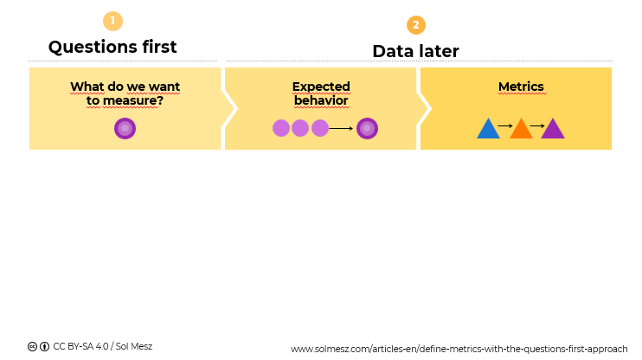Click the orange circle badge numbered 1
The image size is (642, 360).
(x=112, y=21)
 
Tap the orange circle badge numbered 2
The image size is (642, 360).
(x=416, y=25)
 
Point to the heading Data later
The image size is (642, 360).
(x=415, y=51)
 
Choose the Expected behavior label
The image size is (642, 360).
(x=321, y=93)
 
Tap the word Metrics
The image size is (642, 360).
(x=521, y=87)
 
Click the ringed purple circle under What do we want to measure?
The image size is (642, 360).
(x=125, y=129)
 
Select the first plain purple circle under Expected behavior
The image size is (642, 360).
(x=281, y=128)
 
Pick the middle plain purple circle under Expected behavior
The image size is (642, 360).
(x=300, y=128)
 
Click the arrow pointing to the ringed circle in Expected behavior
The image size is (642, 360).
(x=342, y=128)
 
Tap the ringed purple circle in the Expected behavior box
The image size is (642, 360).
(x=367, y=128)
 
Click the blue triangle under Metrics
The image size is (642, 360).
(x=488, y=129)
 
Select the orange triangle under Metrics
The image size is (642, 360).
(x=521, y=129)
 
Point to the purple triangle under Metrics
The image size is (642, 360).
(x=553, y=129)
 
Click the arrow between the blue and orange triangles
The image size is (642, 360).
(x=505, y=126)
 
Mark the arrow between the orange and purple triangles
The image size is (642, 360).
(x=537, y=126)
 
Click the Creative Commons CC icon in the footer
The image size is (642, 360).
(x=32, y=346)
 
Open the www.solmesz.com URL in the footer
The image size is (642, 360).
(x=459, y=349)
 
